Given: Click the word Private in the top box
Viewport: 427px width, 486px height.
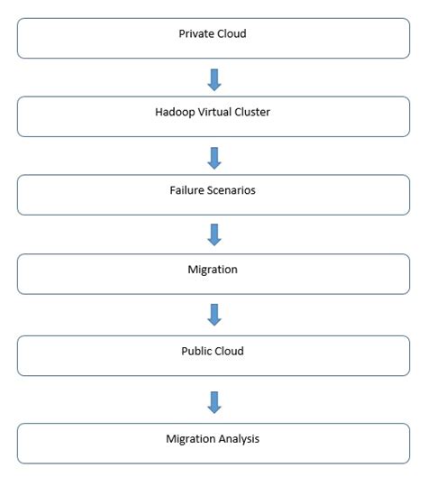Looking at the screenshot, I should pyautogui.click(x=196, y=33).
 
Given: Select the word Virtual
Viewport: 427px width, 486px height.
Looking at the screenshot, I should pyautogui.click(x=216, y=112).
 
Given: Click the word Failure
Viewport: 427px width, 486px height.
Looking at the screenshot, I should pyautogui.click(x=188, y=190).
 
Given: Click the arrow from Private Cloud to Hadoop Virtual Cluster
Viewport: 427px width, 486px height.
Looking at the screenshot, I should pyautogui.click(x=213, y=79).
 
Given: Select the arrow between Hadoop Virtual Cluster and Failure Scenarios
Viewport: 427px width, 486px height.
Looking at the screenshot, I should pyautogui.click(x=213, y=158).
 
